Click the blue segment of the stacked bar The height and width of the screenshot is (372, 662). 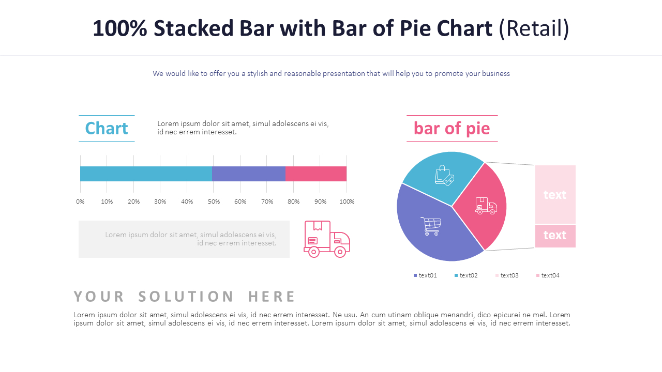pos(146,174)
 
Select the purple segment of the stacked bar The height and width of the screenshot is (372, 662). pos(248,174)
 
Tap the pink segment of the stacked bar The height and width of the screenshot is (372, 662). pos(315,174)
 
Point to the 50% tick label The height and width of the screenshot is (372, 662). pos(214,202)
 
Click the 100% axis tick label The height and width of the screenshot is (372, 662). pos(347,202)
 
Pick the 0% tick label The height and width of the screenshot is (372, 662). pos(80,202)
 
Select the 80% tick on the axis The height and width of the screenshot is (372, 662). pos(293,202)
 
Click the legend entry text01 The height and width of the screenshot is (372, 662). pos(425,275)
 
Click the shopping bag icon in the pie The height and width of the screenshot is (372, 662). pos(444,175)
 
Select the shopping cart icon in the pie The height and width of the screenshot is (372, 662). pos(431,226)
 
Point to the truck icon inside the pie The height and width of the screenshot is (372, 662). pos(486,206)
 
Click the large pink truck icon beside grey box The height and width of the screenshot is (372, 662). pos(327,239)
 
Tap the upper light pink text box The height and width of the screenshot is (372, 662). pos(555,194)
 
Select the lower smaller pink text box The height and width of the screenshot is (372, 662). pos(555,236)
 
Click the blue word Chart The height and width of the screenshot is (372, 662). pos(107,128)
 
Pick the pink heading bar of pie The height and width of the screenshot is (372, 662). pos(452,128)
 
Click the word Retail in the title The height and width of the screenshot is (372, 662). pos(534,28)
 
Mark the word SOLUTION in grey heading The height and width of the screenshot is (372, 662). pos(186,297)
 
